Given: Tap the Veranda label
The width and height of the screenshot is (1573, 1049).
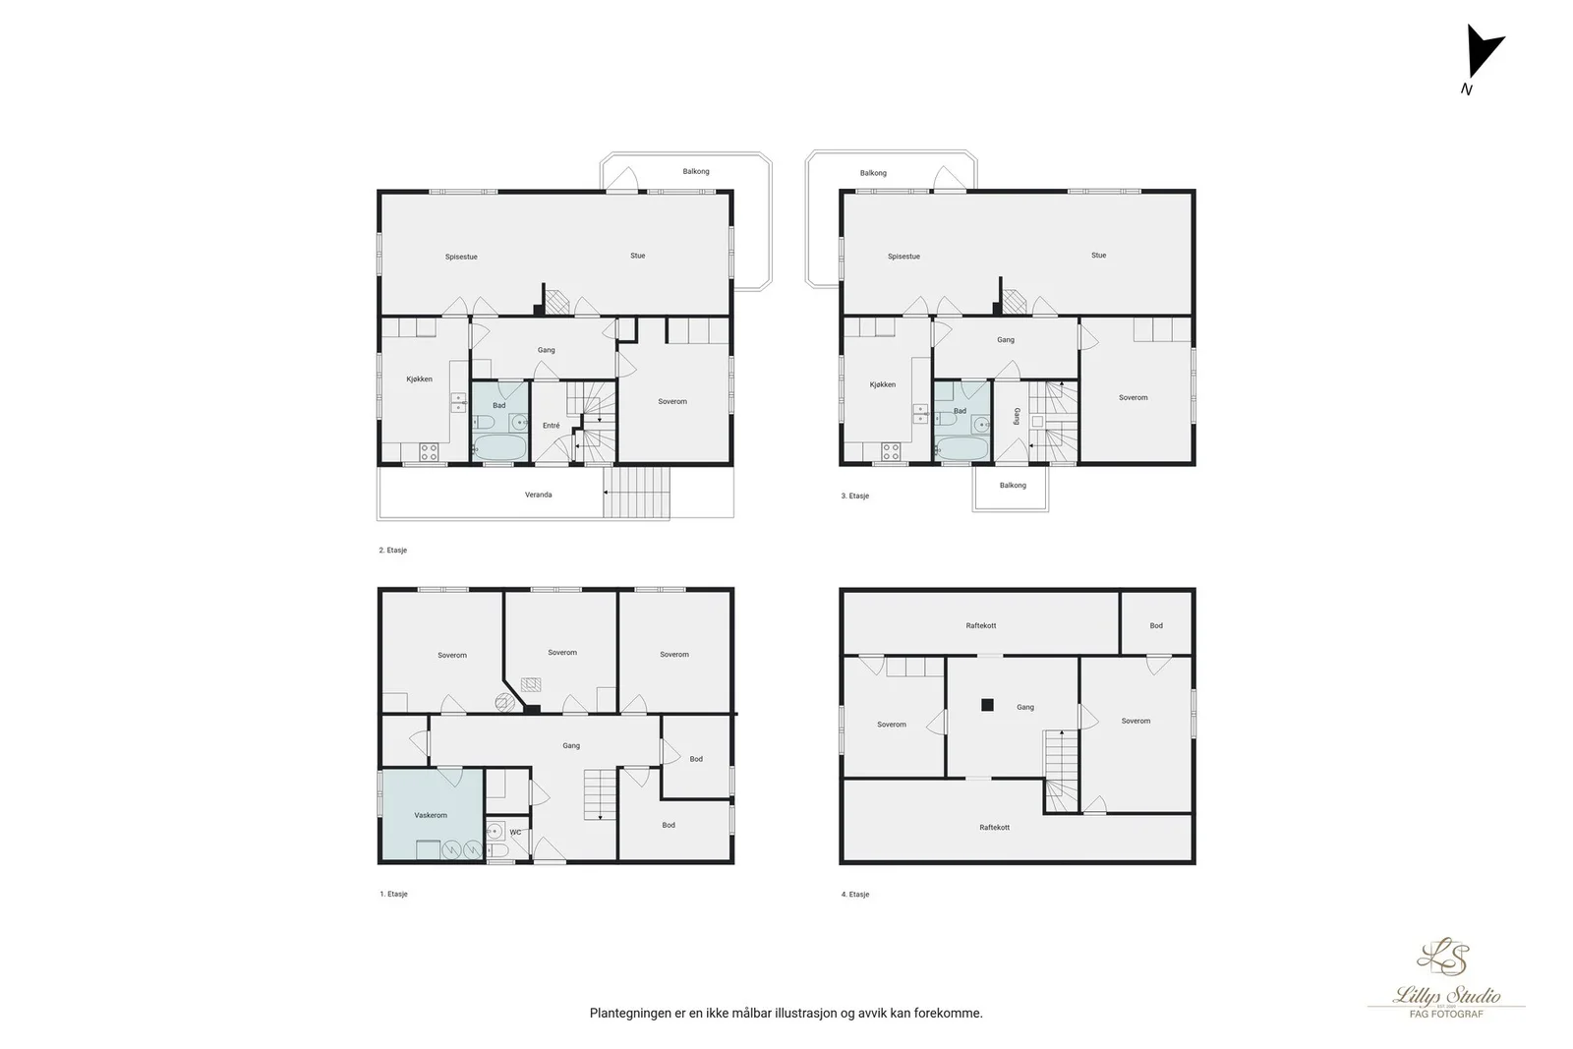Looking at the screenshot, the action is click(x=539, y=495).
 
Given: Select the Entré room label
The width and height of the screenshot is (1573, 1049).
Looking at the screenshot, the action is click(x=552, y=426).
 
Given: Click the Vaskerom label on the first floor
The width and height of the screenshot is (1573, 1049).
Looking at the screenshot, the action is click(x=431, y=815).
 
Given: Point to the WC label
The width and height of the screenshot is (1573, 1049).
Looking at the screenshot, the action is click(x=515, y=833).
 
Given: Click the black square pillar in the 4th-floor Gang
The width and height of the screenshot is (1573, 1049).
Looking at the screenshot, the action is click(x=987, y=705).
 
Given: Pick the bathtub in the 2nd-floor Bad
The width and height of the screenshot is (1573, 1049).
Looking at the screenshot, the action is click(x=499, y=448).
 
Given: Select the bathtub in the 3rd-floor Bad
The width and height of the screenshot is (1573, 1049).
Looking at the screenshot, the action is click(x=962, y=448).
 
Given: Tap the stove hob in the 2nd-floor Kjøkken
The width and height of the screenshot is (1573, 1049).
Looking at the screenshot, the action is click(x=429, y=452).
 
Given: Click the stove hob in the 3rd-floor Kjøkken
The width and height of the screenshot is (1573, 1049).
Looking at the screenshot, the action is click(x=891, y=451).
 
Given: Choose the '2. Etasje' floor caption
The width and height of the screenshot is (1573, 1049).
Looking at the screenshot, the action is click(x=393, y=551).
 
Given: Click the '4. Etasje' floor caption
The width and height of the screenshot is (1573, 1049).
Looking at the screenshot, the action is click(x=855, y=895).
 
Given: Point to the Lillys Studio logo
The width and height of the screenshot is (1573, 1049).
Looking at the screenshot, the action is click(x=1446, y=978).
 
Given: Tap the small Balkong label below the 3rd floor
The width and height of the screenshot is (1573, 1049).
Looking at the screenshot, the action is click(x=1013, y=486).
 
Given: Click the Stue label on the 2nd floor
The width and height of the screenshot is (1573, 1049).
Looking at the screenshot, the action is click(x=638, y=256).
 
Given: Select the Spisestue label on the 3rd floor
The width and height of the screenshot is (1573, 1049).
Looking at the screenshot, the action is click(x=903, y=257).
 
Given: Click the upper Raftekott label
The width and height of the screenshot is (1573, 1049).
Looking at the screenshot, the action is click(x=981, y=625).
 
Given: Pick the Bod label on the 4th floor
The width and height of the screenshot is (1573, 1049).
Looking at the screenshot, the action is click(x=1156, y=625).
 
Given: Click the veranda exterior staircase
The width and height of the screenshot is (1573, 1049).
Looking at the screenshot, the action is click(x=636, y=493).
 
